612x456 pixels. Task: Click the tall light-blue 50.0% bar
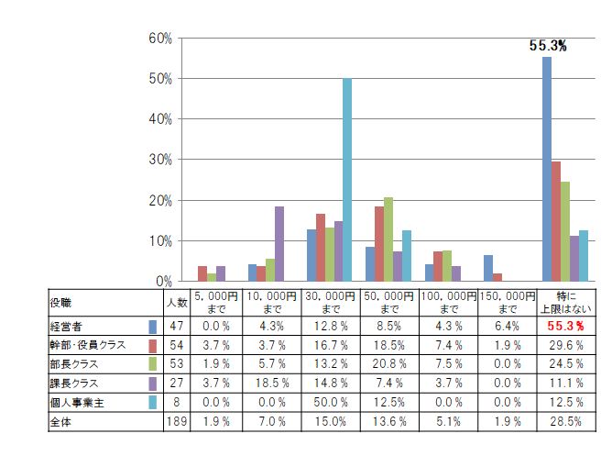(347, 180)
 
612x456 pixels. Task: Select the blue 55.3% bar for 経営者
(547, 169)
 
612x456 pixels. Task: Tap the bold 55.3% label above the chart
(548, 45)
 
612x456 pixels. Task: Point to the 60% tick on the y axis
(160, 39)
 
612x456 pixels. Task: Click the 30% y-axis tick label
(160, 160)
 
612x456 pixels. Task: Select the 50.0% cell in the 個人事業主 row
(330, 403)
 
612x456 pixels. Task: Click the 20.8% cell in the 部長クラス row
(388, 364)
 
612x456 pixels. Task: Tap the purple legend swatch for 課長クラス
(153, 384)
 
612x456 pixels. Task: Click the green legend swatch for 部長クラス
(153, 364)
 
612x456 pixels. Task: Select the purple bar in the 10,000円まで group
(279, 243)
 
